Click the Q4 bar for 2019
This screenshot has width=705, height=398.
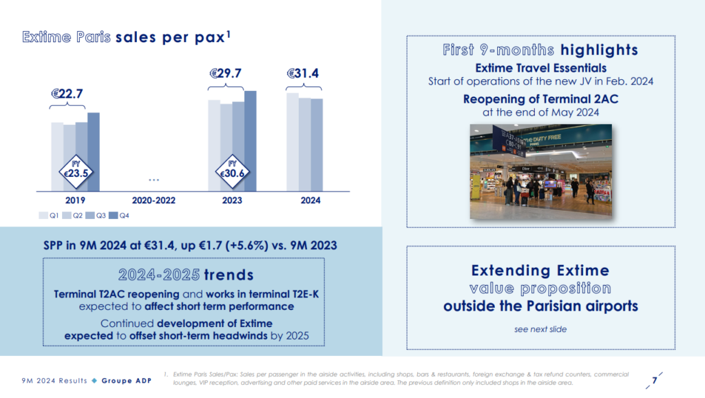point(94,151)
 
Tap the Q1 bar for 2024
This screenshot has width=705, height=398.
point(293,141)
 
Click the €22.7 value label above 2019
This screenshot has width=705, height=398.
point(68,94)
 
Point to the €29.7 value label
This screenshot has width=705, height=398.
point(226,73)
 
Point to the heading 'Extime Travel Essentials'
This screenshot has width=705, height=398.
point(540,67)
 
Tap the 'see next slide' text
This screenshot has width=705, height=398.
point(540,329)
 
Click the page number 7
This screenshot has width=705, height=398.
point(654,379)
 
